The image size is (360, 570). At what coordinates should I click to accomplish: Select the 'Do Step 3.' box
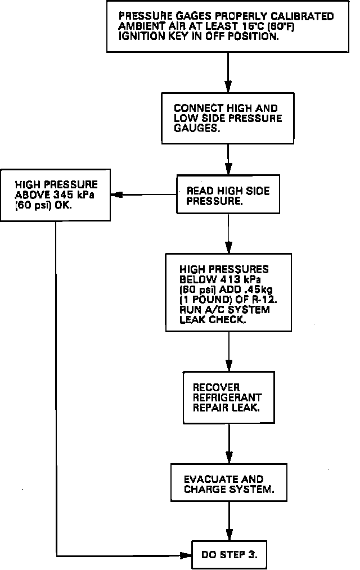tap(229, 555)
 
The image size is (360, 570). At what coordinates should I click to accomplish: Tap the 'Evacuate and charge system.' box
tap(229, 483)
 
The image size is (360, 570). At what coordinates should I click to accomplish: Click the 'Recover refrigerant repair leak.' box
tap(229, 397)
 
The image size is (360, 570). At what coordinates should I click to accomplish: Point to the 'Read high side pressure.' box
tap(228, 196)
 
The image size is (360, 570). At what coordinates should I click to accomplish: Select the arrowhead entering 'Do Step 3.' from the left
tap(187, 555)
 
